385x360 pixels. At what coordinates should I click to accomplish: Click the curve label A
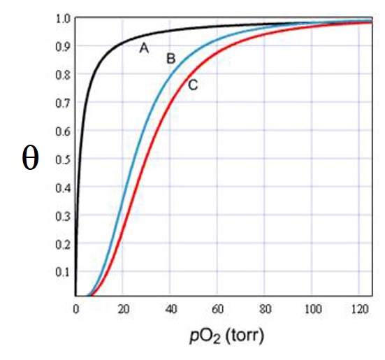pyautogui.click(x=144, y=48)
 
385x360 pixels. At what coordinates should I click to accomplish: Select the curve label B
pyautogui.click(x=170, y=59)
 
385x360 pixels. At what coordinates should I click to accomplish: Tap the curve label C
pyautogui.click(x=193, y=85)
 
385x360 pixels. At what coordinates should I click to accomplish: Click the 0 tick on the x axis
pyautogui.click(x=76, y=308)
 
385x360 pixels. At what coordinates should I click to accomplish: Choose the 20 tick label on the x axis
pyautogui.click(x=122, y=308)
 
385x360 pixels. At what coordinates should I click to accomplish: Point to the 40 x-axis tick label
pyautogui.click(x=170, y=308)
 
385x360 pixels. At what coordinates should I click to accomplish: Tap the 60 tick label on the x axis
pyautogui.click(x=217, y=308)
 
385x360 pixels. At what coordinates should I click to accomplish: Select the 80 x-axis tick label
pyautogui.click(x=265, y=308)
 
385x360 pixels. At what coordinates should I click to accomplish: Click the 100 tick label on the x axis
pyautogui.click(x=312, y=308)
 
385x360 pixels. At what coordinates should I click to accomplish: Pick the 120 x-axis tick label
pyautogui.click(x=359, y=308)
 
